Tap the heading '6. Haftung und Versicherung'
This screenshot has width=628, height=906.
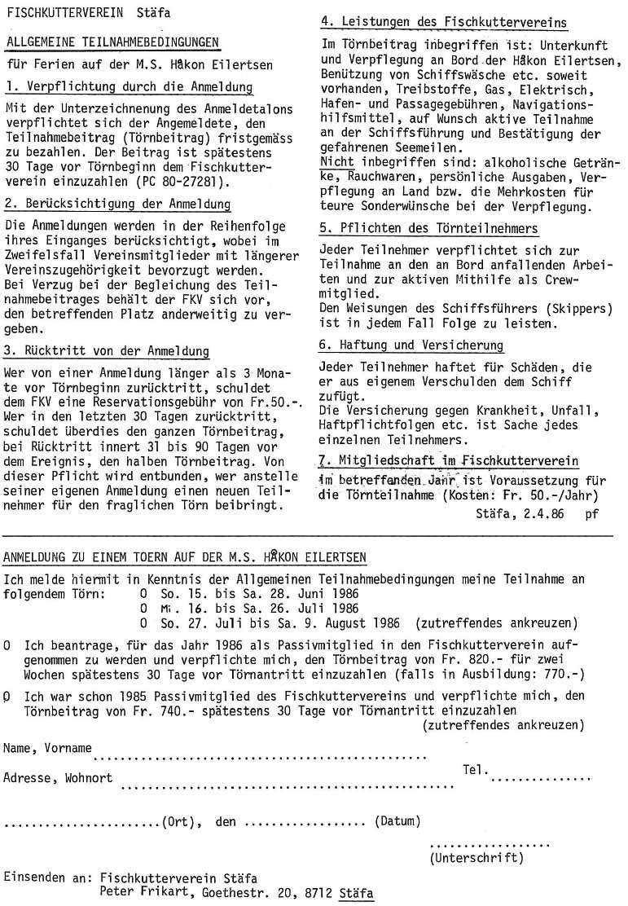411,345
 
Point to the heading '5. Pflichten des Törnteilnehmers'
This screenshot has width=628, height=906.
428,229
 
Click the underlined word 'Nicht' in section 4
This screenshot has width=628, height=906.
337,161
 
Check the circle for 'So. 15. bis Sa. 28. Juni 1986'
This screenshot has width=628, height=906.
143,594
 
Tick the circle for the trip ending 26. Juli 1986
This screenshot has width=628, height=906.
143,609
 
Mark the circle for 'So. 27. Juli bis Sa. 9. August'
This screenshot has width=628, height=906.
143,623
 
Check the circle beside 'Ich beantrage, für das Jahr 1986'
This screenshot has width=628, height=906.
7,645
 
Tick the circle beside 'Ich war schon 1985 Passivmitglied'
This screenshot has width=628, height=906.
7,697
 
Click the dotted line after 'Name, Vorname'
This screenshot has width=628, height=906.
261,756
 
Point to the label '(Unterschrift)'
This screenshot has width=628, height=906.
476,857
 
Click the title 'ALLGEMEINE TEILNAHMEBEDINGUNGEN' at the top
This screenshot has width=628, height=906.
112,42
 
